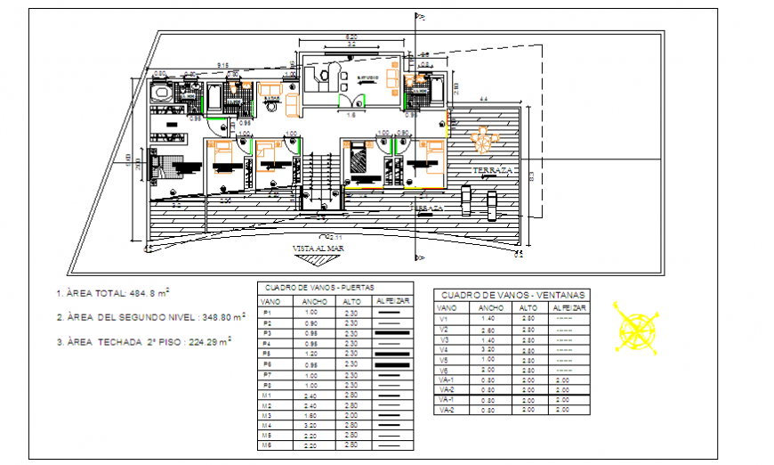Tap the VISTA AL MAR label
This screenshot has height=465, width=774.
point(318,249)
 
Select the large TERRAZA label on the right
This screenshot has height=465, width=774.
point(493,169)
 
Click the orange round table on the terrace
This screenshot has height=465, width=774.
point(483,139)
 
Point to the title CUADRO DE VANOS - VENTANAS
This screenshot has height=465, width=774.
point(512,295)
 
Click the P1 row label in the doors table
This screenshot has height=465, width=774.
point(264,313)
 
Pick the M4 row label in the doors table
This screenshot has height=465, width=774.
point(264,425)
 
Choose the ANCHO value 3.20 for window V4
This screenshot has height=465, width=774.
point(488,350)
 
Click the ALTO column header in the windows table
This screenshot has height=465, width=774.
point(529,307)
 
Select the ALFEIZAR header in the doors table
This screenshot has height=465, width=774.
point(391,302)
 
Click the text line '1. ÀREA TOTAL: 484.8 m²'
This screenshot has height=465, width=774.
point(112,292)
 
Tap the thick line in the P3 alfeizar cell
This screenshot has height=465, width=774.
point(391,333)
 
